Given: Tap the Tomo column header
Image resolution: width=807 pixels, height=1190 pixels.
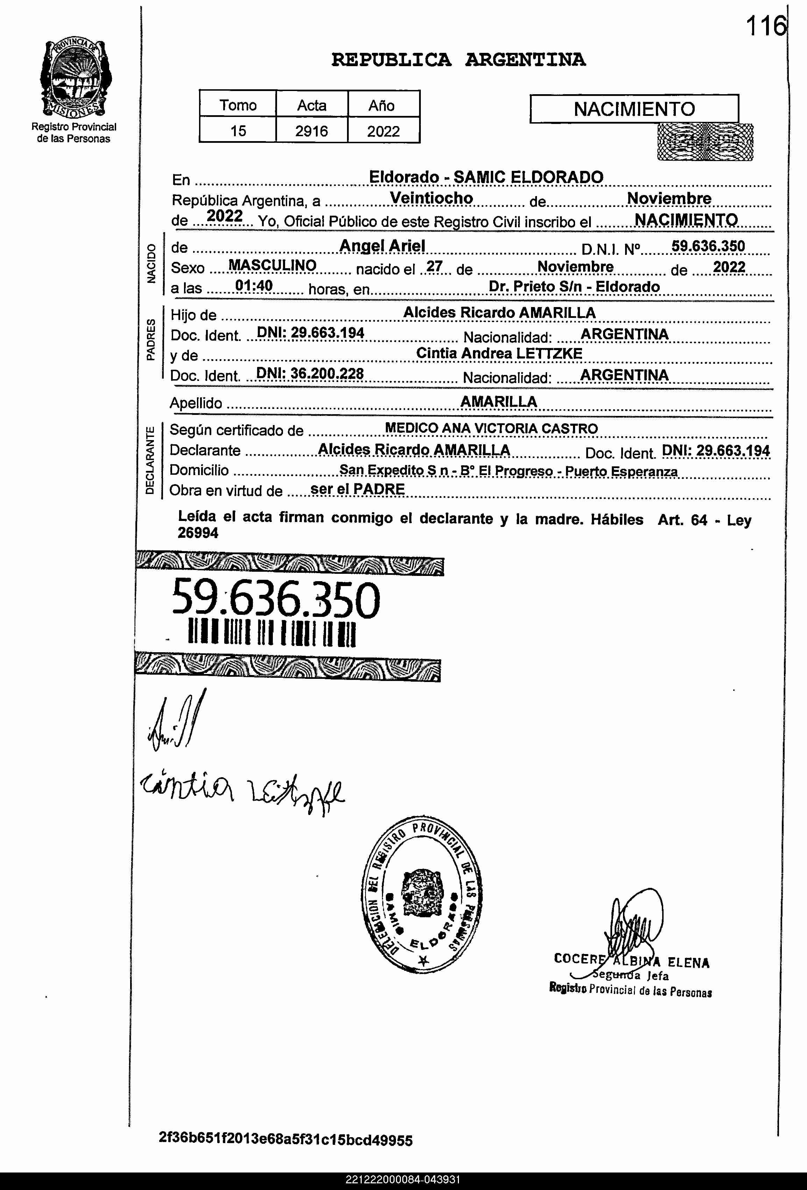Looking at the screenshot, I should coord(238,105).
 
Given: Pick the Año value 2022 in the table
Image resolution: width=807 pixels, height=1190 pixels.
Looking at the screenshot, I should coord(383,131).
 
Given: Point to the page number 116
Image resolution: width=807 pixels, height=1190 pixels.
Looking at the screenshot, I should coord(765,27).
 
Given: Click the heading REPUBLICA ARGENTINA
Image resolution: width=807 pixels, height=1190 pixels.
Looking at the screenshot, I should coord(458,60).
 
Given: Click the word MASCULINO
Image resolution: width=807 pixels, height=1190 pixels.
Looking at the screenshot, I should coord(272,265).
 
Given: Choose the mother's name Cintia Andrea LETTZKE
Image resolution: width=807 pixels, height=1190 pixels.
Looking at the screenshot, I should coord(499,353).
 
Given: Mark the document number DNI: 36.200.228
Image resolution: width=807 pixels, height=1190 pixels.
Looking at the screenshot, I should coord(310,374).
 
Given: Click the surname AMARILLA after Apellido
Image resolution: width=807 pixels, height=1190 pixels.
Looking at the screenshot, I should coord(498,402).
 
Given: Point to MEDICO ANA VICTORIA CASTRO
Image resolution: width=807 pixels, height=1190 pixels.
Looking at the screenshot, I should coord(491,428).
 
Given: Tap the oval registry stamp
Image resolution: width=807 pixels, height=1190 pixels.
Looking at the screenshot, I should coord(422,893).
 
